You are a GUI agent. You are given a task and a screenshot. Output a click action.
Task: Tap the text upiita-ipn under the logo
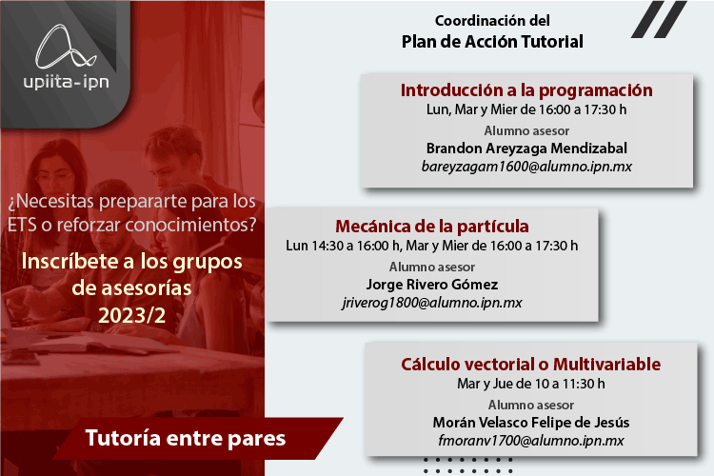pos(66,82)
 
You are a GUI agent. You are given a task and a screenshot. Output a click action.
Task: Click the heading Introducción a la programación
pos(526,90)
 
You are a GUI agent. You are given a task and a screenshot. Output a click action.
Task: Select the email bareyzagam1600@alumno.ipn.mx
pos(526,167)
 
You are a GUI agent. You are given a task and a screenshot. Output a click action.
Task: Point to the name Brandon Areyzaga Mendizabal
pos(526,149)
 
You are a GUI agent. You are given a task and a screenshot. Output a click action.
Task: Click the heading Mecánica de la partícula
pos(432,226)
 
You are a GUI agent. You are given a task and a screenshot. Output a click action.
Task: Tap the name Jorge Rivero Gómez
pos(432,285)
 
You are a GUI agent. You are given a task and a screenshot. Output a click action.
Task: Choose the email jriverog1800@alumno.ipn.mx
pos(432,303)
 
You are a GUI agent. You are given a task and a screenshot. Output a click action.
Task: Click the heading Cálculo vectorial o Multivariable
pos(531,364)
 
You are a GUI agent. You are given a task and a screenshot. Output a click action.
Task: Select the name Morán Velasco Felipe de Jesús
pos(531,423)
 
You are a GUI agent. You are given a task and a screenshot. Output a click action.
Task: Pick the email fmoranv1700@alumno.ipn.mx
pos(531,441)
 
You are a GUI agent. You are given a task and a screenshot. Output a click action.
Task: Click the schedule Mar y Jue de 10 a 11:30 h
pos(531,384)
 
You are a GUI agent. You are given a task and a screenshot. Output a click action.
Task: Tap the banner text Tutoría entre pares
pos(186,438)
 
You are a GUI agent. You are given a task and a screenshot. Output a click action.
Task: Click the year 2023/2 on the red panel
pos(132,315)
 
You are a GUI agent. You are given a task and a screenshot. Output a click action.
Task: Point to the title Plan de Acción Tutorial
pos(492,42)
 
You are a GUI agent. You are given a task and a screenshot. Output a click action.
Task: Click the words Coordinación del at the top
pos(492,21)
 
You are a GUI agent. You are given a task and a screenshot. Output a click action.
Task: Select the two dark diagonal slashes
pos(659,19)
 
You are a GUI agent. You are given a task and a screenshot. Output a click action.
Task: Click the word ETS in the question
pos(22,225)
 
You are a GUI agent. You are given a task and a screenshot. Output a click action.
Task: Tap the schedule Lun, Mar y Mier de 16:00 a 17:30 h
pos(526,109)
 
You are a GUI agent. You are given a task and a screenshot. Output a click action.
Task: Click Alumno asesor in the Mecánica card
pos(432,267)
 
